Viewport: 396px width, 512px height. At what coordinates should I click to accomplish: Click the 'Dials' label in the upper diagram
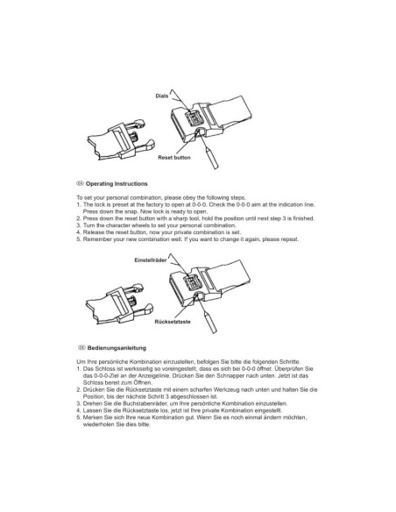click(162, 96)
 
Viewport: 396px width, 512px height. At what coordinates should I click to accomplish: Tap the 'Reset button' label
click(174, 158)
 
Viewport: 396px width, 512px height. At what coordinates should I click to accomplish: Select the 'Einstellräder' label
click(151, 260)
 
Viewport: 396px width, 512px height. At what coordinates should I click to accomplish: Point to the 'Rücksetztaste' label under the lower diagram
click(173, 322)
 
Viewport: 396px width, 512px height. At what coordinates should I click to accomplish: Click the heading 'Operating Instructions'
click(117, 184)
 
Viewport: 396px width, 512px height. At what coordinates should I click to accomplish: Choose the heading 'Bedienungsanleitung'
click(117, 348)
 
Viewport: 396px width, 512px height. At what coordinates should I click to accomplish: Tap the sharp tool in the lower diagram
click(209, 322)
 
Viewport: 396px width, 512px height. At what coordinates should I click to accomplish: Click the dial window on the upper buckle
click(194, 117)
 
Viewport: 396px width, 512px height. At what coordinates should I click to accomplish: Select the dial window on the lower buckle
click(194, 282)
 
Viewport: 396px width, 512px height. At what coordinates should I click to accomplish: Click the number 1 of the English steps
click(79, 205)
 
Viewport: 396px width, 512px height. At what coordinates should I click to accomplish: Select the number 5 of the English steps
click(79, 239)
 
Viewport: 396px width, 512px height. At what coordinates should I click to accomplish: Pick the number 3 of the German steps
click(79, 404)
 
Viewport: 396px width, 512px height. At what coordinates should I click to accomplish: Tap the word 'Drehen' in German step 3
click(91, 404)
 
